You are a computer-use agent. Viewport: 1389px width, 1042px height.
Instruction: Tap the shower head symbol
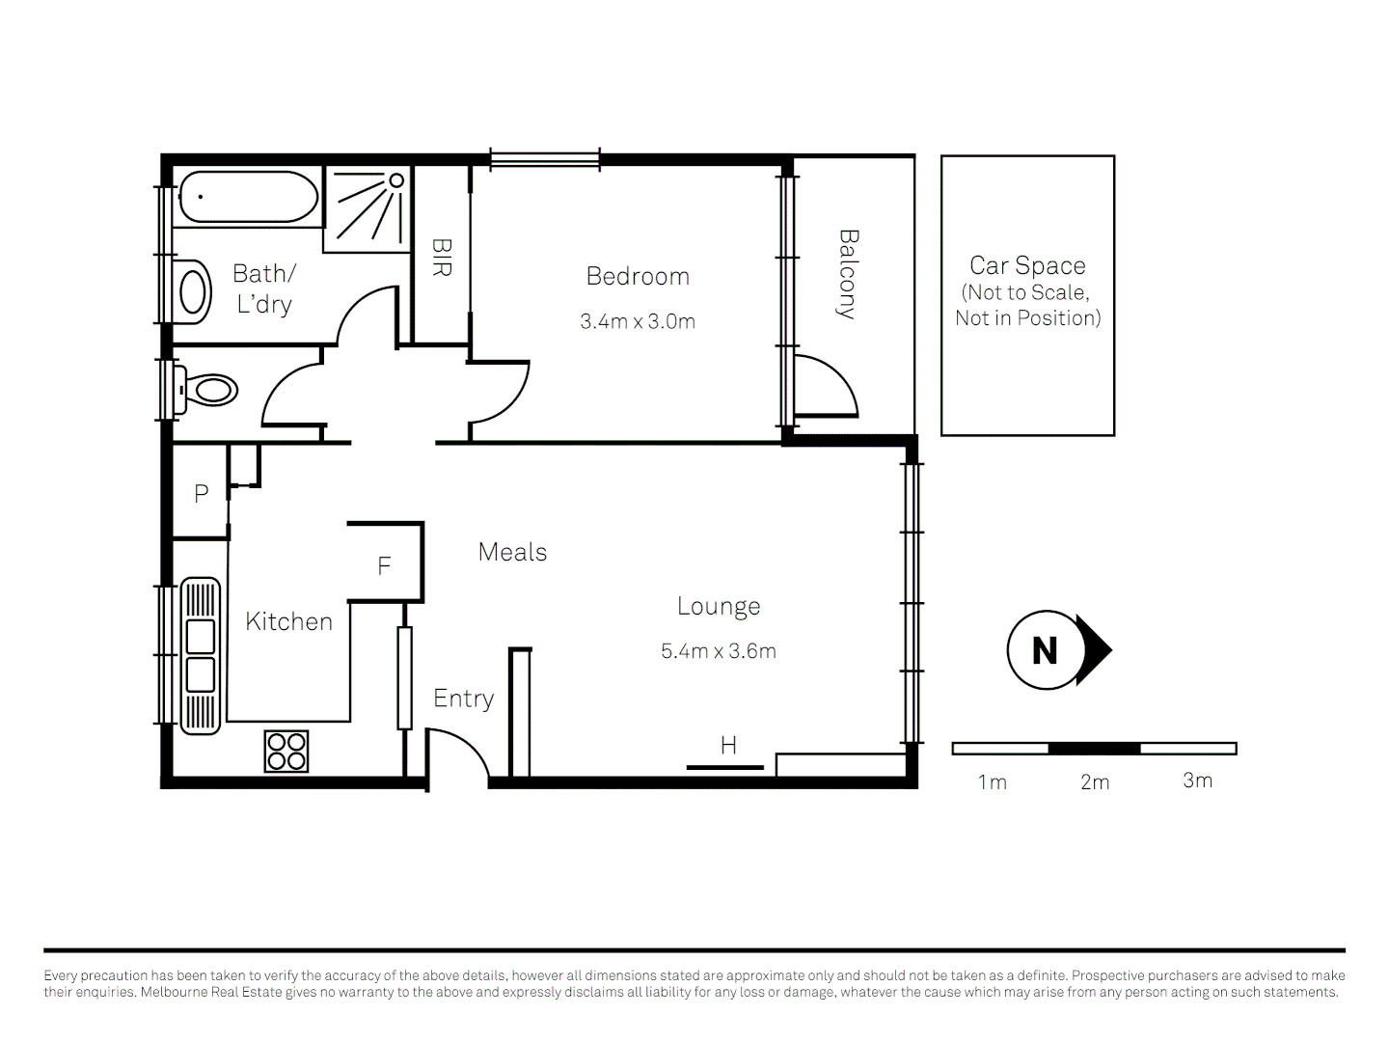point(396,180)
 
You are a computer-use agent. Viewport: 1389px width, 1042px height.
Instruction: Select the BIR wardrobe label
point(441,258)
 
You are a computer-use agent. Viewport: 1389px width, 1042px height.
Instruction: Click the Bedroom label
point(638,277)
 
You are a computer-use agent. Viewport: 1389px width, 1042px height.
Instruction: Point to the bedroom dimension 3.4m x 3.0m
point(638,322)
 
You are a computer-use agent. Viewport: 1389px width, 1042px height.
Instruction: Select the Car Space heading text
point(1027,265)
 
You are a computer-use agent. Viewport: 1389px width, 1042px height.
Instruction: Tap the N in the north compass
point(1045,651)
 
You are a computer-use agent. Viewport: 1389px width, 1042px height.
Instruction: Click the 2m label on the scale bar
point(1095,782)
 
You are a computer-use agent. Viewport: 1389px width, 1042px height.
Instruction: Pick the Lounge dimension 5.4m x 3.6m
point(719,651)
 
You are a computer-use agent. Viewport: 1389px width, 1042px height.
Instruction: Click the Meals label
point(512,552)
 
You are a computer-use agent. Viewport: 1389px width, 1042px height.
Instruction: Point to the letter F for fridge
point(384,566)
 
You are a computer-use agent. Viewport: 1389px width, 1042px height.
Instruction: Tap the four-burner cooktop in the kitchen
point(286,752)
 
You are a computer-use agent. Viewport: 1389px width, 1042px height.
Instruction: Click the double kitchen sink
point(201,656)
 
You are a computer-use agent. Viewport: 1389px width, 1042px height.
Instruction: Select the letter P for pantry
point(201,494)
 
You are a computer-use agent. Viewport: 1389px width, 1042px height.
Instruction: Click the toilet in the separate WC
point(209,390)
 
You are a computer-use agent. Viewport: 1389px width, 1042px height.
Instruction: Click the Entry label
point(463,699)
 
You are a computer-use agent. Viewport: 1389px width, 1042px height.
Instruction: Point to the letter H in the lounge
point(728,745)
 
